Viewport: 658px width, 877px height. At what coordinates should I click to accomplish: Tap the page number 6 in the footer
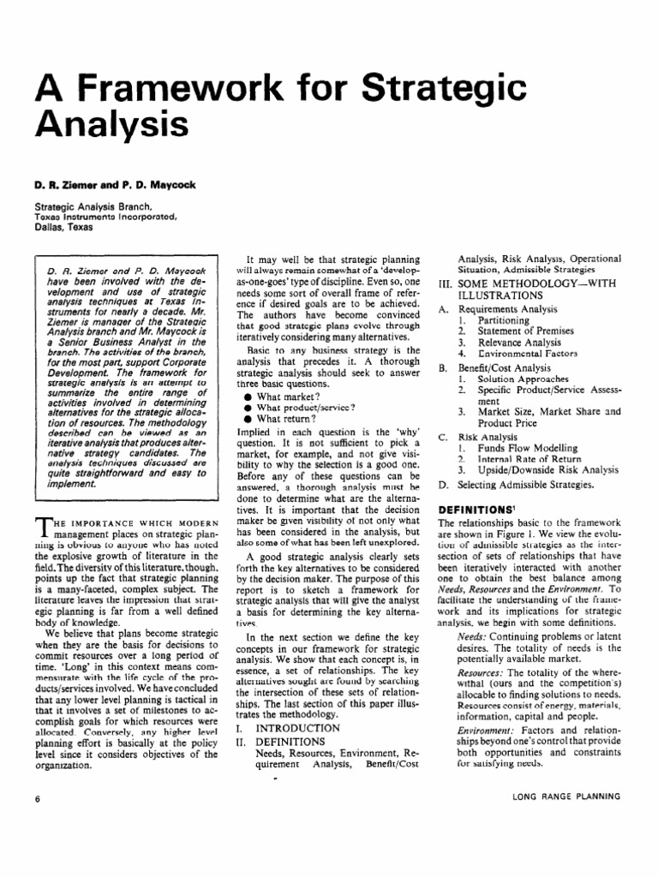pos(38,797)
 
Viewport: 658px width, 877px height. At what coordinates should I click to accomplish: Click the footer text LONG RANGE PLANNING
pos(566,797)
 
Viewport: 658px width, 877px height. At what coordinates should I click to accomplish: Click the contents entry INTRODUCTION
pos(299,726)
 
